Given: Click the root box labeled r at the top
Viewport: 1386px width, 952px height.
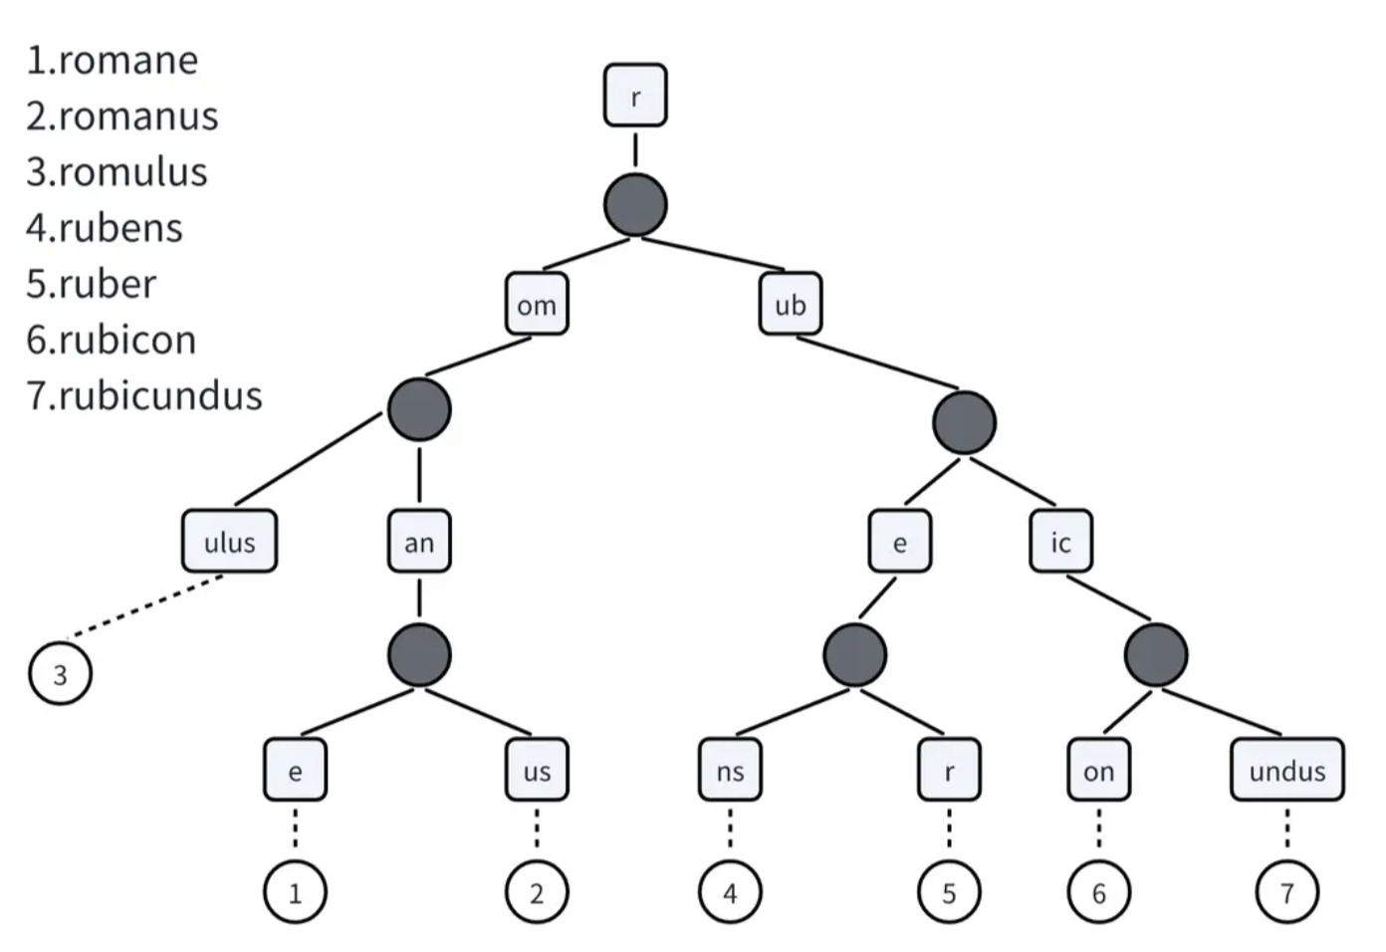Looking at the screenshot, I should pos(635,96).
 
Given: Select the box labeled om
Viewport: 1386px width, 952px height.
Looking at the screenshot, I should pos(537,305).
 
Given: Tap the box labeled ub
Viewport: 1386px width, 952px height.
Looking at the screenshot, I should pos(791,305).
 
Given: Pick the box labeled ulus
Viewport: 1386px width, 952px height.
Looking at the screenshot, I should pos(229,542).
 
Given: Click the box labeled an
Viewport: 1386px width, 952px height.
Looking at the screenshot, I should pos(419,542).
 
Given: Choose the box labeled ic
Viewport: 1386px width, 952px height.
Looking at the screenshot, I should pos(1060,542).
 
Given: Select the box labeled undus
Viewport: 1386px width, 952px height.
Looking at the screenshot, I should pos(1286,770).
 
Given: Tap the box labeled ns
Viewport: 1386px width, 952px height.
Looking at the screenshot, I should pos(730,770).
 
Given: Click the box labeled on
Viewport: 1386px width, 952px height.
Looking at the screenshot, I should pos(1098,770).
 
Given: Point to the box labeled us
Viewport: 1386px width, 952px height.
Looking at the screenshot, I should pos(537,770).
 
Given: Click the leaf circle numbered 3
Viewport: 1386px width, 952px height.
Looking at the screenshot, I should pos(60,674).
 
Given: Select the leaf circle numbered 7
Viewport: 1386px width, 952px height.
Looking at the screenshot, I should pos(1286,892).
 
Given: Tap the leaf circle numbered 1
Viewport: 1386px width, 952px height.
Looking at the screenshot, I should pos(295,892).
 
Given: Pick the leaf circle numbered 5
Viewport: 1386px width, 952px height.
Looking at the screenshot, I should pos(949,892).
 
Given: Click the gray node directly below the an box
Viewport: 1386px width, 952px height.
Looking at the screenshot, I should pos(419,655).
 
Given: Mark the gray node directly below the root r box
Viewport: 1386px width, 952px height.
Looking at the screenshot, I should pos(635,205).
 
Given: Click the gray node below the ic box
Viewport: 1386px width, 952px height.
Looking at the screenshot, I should pos(1156,655).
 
